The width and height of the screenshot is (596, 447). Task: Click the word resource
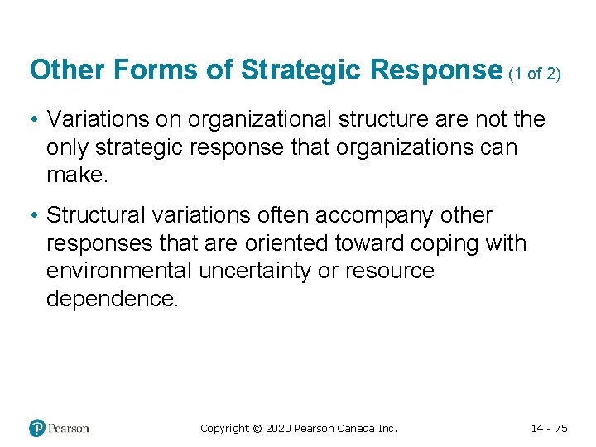tap(392, 272)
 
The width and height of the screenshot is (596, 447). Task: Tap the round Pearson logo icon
tap(37, 428)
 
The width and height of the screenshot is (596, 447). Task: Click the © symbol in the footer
tap(257, 429)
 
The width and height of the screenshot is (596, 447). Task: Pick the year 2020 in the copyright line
tap(279, 429)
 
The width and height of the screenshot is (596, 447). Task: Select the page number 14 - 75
tap(549, 429)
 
